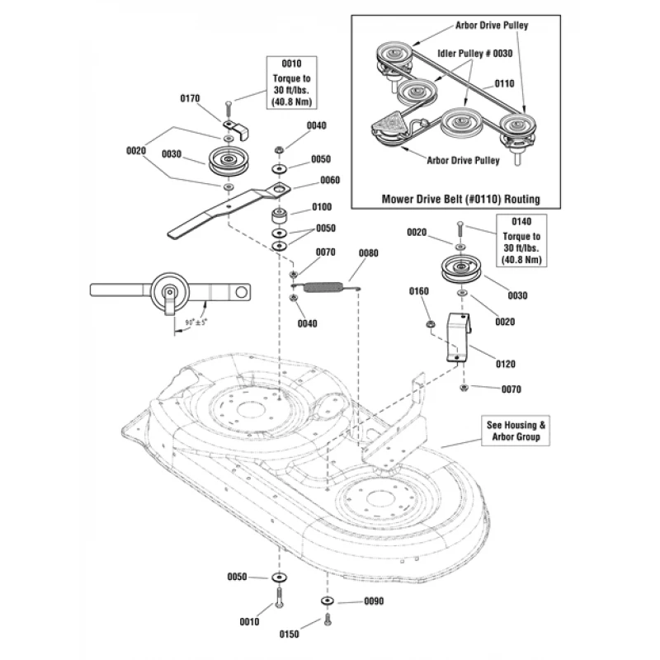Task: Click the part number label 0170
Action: [x=189, y=98]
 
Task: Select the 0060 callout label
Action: [x=330, y=180]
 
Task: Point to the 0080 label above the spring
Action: [x=367, y=252]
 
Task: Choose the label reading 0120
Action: [x=506, y=362]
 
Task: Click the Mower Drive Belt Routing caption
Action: [x=460, y=200]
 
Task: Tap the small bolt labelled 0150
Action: [x=328, y=618]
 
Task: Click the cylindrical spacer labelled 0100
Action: [x=279, y=220]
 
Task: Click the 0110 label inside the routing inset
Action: [x=504, y=83]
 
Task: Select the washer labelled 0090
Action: [x=328, y=600]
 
